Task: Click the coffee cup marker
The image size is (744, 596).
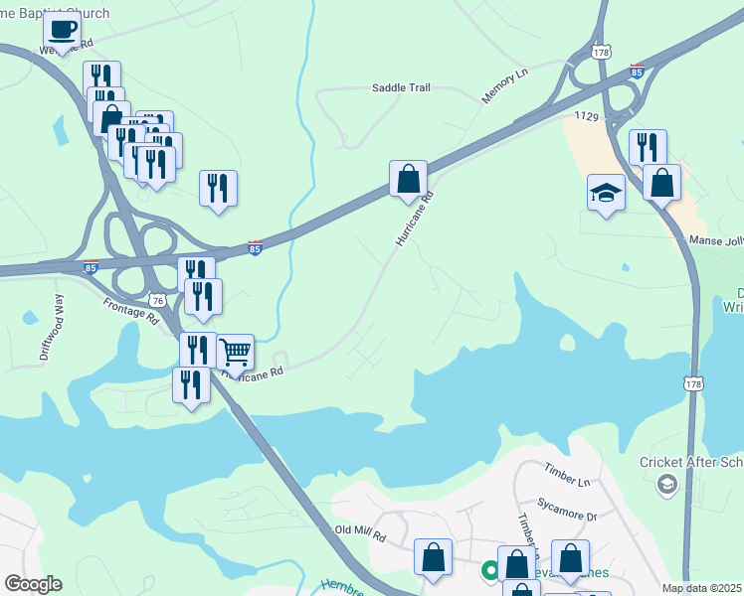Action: pos(63,30)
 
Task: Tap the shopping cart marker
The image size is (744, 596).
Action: pos(235,353)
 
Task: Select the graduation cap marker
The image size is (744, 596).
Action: pos(606,192)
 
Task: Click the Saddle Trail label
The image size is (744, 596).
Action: pos(401,88)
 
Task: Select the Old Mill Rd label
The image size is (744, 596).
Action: pos(360,534)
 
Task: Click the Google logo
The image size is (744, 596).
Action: pos(33,584)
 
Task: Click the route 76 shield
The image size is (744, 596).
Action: pos(157,299)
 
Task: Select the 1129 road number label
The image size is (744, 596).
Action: pos(586,117)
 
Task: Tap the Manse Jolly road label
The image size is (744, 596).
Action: pos(716,240)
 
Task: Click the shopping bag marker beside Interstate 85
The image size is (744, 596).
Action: pos(408,179)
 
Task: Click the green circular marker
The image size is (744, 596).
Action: pos(489,570)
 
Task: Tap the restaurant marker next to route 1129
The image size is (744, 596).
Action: pos(648,147)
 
